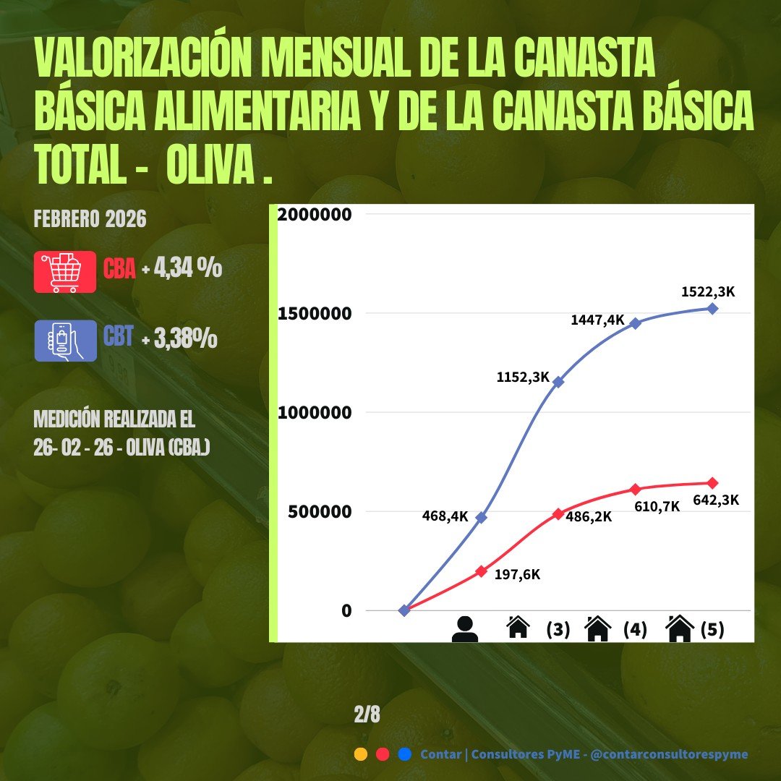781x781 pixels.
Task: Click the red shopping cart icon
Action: point(65,272)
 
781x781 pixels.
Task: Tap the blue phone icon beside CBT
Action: point(65,340)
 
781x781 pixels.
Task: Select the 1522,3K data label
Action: point(708,292)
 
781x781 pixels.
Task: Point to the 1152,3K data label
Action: point(523,377)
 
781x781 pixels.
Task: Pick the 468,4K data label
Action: point(445,516)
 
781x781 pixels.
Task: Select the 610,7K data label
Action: point(656,506)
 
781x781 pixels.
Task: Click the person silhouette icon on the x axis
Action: point(464,629)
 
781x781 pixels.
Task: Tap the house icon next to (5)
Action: point(680,629)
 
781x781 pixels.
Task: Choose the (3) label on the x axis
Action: point(558,630)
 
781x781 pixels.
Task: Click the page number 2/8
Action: point(367,714)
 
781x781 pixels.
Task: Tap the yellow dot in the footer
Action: point(361,754)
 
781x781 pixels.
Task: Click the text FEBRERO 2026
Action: point(90,219)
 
